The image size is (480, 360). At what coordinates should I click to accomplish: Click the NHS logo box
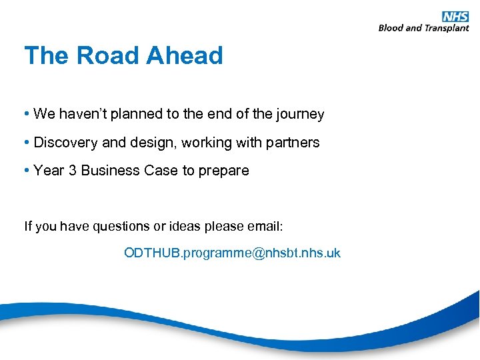tap(455, 17)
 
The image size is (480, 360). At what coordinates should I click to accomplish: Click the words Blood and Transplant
tap(423, 28)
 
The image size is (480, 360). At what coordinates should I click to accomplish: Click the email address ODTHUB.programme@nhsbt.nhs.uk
tap(232, 253)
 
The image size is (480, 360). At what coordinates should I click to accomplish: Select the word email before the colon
tap(265, 227)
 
